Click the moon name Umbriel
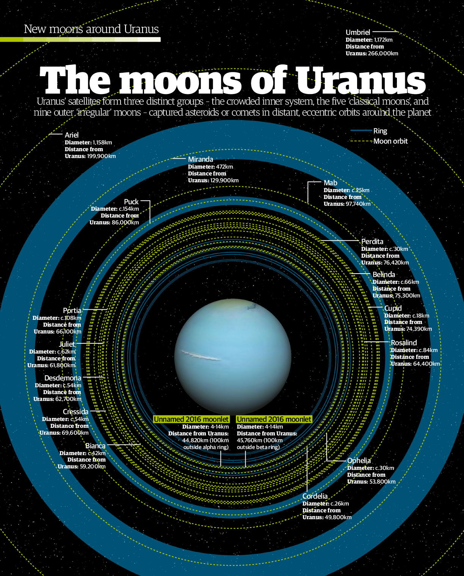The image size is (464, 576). tap(357, 33)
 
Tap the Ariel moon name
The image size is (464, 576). tap(72, 135)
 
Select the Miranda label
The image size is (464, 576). tap(201, 160)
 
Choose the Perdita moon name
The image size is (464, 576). tap(372, 242)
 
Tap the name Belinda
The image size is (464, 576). tap(384, 275)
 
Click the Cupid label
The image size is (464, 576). tap(393, 308)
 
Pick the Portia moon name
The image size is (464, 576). tap(72, 311)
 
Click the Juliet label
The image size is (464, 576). tap(67, 344)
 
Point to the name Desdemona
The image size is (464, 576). tap(63, 378)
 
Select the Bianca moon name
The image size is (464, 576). tap(95, 446)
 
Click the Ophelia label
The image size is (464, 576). tap(359, 461)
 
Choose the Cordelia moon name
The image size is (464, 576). tap(315, 496)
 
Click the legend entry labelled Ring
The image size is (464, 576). tap(380, 131)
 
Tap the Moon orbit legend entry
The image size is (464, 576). tap(390, 141)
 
